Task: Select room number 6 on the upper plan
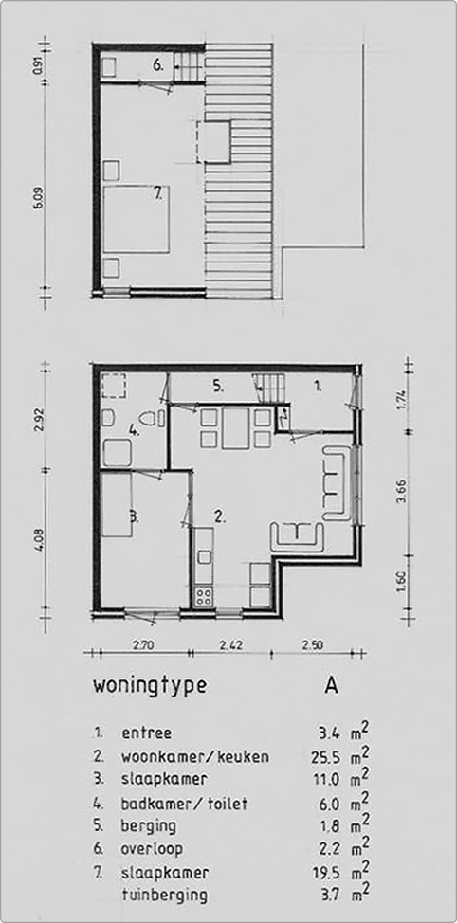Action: click(160, 65)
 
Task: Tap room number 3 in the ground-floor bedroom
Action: click(135, 516)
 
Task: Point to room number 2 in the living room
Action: click(219, 516)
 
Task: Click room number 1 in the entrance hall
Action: click(318, 385)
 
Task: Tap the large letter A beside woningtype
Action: click(331, 684)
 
